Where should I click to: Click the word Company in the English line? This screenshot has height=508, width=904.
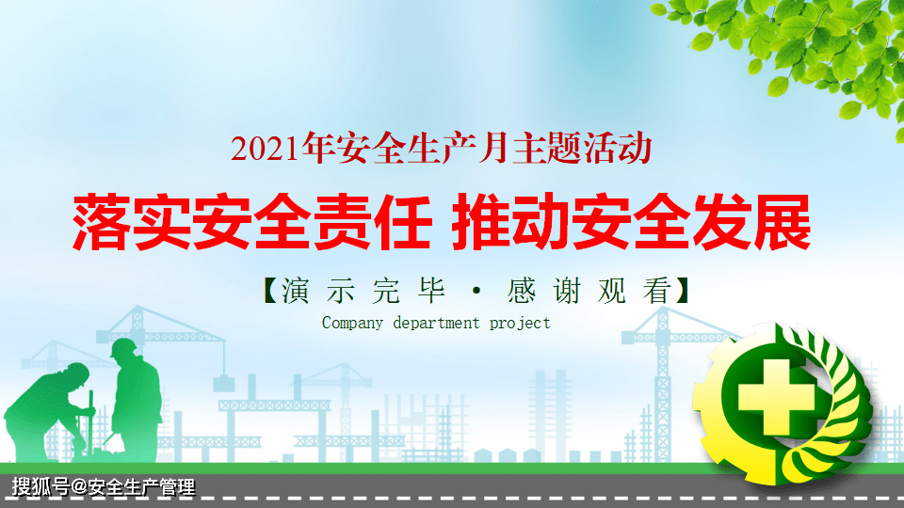click(352, 323)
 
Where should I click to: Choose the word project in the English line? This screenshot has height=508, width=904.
click(520, 323)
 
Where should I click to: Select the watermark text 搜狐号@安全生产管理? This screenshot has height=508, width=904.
click(104, 487)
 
